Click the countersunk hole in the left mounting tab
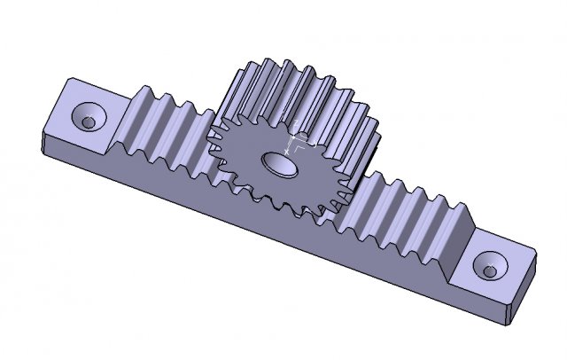click(x=89, y=118)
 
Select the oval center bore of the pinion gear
click(x=277, y=163)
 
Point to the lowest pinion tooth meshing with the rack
click(x=292, y=213)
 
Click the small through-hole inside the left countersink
click(x=87, y=120)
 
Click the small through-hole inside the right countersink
click(x=489, y=268)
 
